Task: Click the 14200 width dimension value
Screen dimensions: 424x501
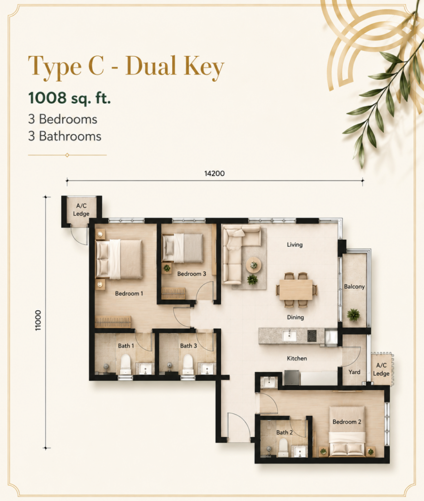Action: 214,174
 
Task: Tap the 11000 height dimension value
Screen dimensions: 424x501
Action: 38,320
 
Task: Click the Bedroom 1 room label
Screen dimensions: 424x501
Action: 129,294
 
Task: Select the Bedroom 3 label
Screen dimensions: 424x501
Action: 191,274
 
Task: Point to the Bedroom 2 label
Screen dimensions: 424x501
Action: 347,422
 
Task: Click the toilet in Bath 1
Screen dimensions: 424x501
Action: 126,364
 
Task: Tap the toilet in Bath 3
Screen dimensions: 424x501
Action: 188,364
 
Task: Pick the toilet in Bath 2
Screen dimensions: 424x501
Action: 283,447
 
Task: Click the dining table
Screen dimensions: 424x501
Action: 296,290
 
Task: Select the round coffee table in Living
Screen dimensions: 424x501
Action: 254,265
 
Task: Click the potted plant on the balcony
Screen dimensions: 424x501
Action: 353,315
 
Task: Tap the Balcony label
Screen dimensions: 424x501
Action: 354,287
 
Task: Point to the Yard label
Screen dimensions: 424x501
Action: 354,372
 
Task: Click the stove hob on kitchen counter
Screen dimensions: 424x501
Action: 312,336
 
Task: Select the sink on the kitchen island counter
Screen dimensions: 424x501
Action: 289,336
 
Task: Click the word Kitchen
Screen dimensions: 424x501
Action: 297,359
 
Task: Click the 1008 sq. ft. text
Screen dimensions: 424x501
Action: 70,98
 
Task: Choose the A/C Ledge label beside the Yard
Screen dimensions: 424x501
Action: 381,369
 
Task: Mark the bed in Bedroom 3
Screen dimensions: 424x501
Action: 183,248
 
